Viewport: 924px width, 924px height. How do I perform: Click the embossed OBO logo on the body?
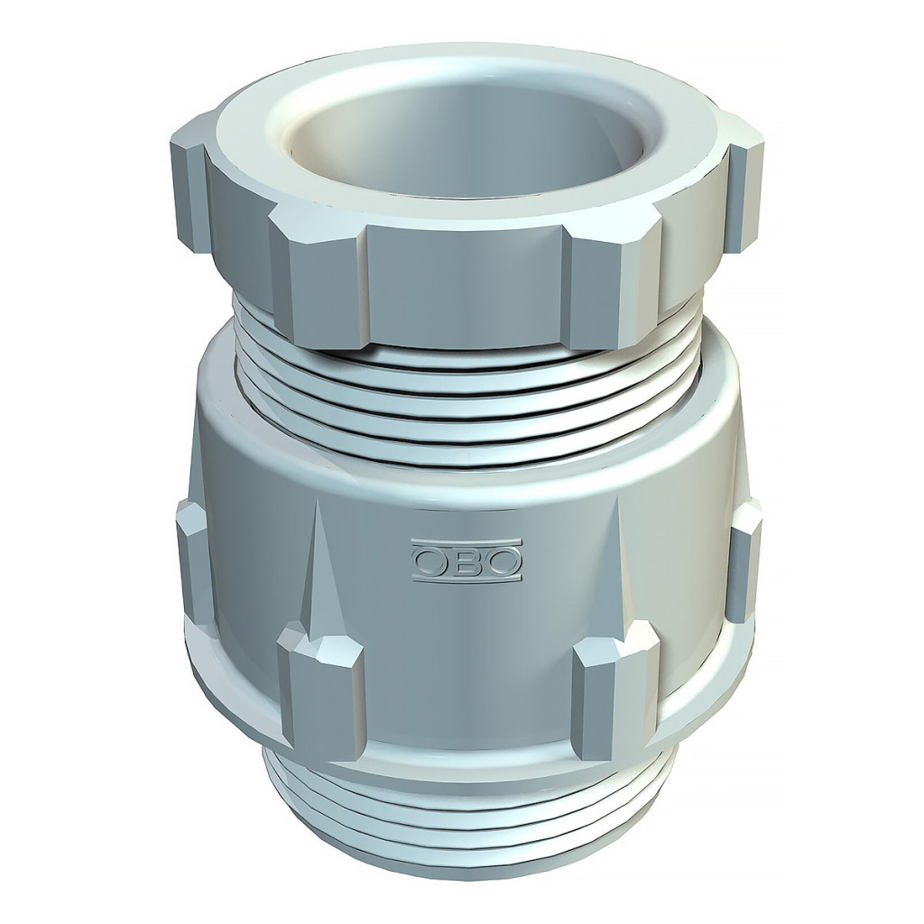467,559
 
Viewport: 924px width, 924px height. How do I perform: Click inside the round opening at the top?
466,142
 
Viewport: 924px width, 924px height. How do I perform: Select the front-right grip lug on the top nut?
615,282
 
